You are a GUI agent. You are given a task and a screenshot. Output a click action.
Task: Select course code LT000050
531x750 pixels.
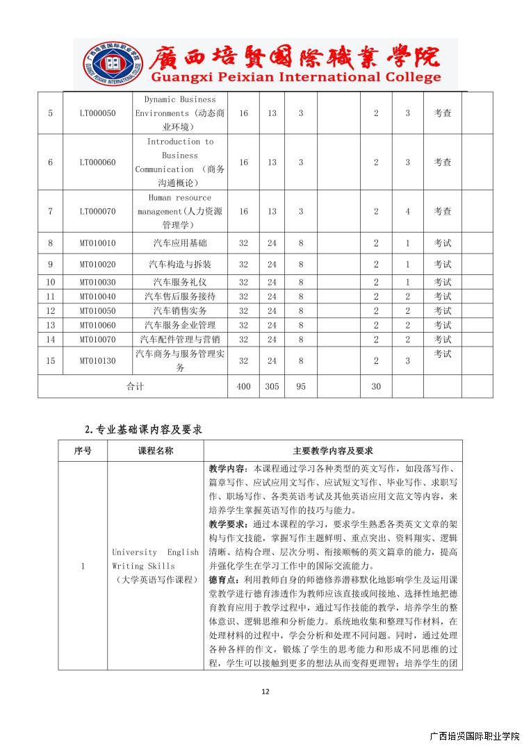pos(98,113)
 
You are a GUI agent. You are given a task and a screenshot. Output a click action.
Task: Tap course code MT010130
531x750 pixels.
pos(98,361)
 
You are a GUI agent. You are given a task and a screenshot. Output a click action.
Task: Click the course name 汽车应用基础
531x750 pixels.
pos(180,244)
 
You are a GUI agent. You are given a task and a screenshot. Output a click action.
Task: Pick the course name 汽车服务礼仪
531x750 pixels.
pos(180,283)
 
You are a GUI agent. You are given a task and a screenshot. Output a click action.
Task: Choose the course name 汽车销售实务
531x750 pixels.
pos(180,311)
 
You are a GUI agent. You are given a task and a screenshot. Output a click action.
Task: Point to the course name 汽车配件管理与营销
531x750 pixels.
pos(180,340)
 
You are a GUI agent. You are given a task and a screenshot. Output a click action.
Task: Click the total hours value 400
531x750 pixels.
pos(243,387)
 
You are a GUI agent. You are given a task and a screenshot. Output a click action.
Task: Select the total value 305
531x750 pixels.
pos(272,387)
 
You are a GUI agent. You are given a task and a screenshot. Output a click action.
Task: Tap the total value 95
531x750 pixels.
pos(301,387)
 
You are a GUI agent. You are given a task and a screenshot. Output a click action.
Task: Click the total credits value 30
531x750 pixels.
pos(376,387)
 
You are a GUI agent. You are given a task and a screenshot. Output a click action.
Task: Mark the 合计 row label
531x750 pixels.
pos(135,387)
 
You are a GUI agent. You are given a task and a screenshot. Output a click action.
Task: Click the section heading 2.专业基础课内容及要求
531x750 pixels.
pos(143,430)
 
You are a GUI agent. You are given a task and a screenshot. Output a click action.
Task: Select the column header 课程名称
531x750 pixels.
pos(156,451)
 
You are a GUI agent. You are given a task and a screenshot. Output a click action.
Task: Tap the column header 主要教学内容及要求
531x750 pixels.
pos(333,451)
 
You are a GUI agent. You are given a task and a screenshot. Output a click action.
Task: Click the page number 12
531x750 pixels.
pos(265,691)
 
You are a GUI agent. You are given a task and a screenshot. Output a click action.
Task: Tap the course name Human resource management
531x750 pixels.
pos(180,211)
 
